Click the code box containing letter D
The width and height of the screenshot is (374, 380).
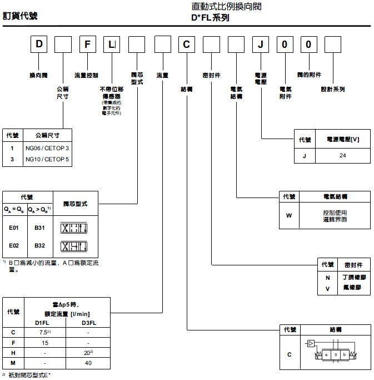point(37,45)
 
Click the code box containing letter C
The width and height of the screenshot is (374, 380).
point(187,45)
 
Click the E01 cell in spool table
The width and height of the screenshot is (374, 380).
point(14,228)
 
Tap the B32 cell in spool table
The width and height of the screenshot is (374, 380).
point(40,245)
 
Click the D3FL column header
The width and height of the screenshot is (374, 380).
point(89,322)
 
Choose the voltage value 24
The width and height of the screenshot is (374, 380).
point(342,156)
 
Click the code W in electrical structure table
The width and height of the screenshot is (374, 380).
point(288,215)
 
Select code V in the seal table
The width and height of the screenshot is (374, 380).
point(327,288)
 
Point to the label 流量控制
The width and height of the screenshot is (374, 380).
point(86,74)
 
